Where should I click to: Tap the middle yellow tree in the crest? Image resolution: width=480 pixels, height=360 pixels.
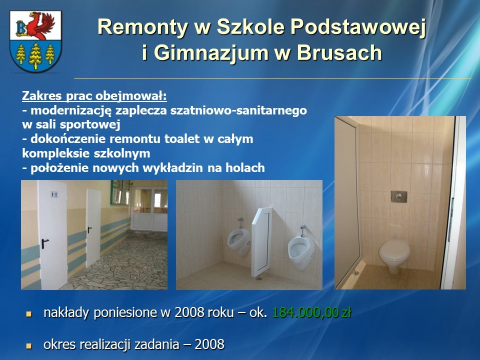(35, 55)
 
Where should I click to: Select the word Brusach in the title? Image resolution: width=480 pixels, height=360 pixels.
(339, 53)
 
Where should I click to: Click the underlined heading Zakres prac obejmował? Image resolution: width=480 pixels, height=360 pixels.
(94, 96)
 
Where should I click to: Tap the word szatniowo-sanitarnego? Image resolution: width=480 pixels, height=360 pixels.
(238, 110)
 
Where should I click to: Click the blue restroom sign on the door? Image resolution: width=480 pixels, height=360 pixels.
(54, 194)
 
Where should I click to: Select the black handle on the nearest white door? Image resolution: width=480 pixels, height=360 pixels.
(44, 243)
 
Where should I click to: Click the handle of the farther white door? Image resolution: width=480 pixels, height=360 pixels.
(89, 229)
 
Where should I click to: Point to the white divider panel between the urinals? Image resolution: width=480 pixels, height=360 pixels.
(261, 242)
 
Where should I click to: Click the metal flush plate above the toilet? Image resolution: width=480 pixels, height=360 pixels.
(399, 196)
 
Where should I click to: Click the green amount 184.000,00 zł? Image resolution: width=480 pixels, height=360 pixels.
(311, 313)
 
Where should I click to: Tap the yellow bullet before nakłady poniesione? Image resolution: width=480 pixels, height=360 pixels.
(29, 314)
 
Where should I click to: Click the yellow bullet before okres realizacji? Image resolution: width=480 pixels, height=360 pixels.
(29, 346)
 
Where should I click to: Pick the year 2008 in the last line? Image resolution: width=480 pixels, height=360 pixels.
(209, 344)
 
